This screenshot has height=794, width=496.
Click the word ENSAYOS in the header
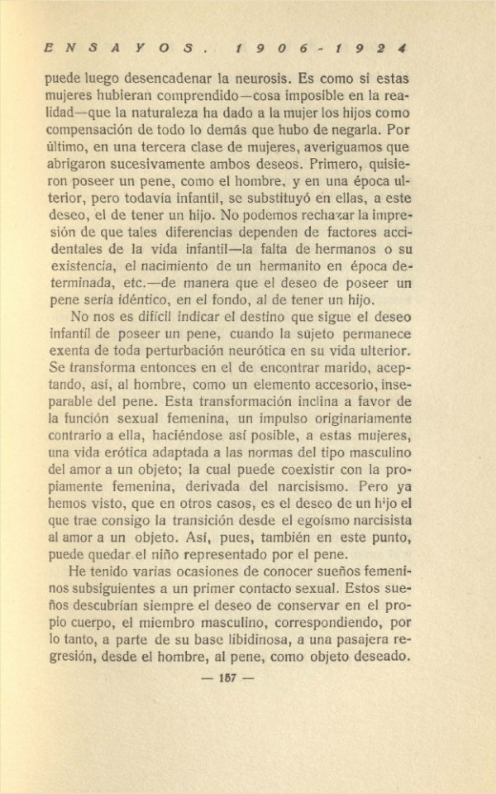coord(121,49)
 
